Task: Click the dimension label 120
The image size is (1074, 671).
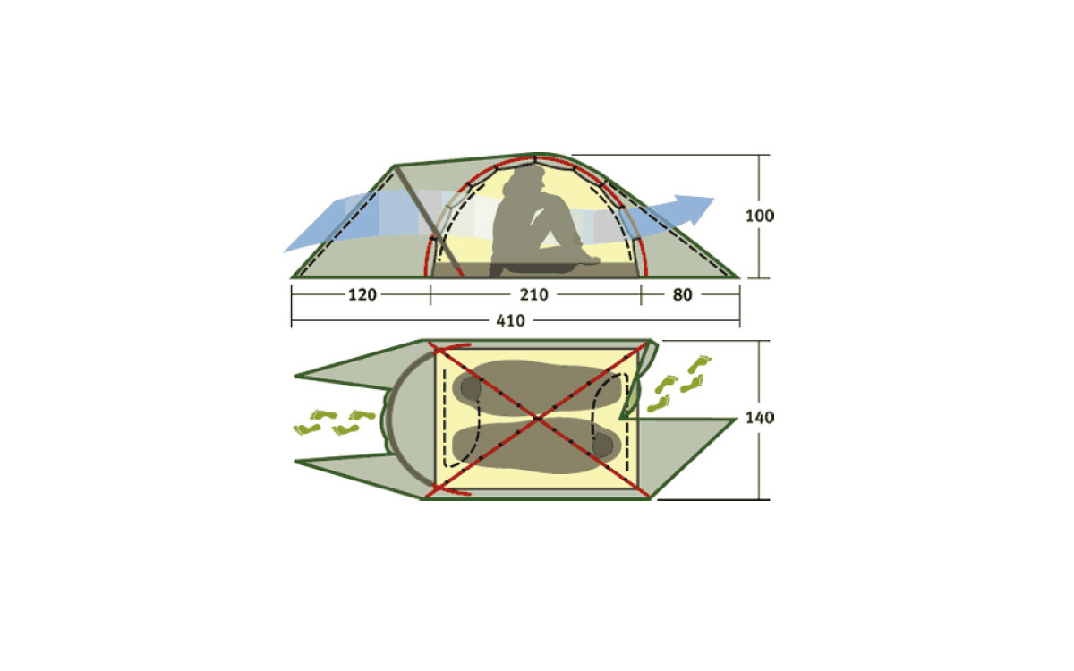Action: click(x=362, y=294)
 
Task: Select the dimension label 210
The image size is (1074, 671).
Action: click(x=533, y=294)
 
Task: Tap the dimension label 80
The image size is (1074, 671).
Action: click(x=682, y=294)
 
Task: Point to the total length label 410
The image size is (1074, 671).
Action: click(x=511, y=320)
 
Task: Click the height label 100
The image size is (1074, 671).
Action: click(x=760, y=216)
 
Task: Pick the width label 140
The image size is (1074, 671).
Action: click(x=760, y=418)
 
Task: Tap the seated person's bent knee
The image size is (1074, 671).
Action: click(x=556, y=201)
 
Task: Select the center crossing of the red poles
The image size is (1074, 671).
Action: click(x=538, y=419)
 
